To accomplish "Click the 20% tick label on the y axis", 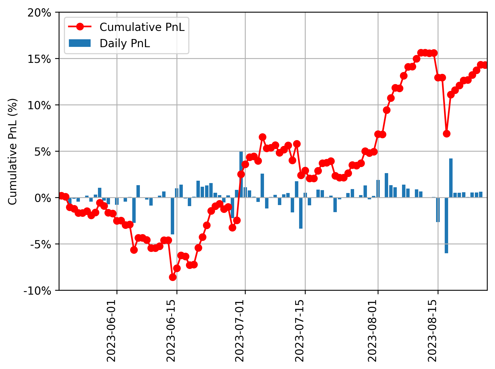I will click(39, 13).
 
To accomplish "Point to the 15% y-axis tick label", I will click(39, 59).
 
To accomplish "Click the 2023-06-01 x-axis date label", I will click(112, 331).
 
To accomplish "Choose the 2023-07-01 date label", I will click(240, 331).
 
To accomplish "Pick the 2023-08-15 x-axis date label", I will click(432, 331).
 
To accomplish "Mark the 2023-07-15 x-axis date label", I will click(300, 331).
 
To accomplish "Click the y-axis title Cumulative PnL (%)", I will click(13, 151).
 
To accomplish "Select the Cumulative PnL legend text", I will click(142, 27).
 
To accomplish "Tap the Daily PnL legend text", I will click(125, 43).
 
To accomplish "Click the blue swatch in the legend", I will click(80, 43).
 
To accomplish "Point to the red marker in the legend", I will click(80, 27).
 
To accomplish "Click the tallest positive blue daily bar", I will click(241, 174).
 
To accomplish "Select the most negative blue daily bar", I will click(446, 225).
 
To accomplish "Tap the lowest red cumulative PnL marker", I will click(173, 277).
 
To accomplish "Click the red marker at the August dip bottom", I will click(447, 134).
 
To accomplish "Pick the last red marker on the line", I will click(485, 65).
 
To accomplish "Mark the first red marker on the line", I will click(61, 196).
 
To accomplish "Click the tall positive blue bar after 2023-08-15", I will click(451, 178).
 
